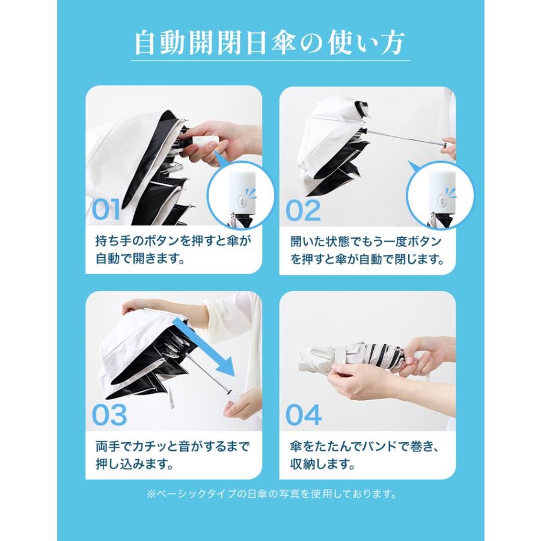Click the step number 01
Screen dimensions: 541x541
pos(106,209)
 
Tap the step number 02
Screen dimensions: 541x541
pos(304,210)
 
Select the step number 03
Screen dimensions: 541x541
pos(109,415)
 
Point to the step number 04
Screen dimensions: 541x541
pos(304,415)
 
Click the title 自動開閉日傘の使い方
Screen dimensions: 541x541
pos(270,43)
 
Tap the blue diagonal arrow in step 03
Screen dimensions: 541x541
pos(204,347)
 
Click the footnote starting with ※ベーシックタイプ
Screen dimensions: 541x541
pos(271,494)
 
